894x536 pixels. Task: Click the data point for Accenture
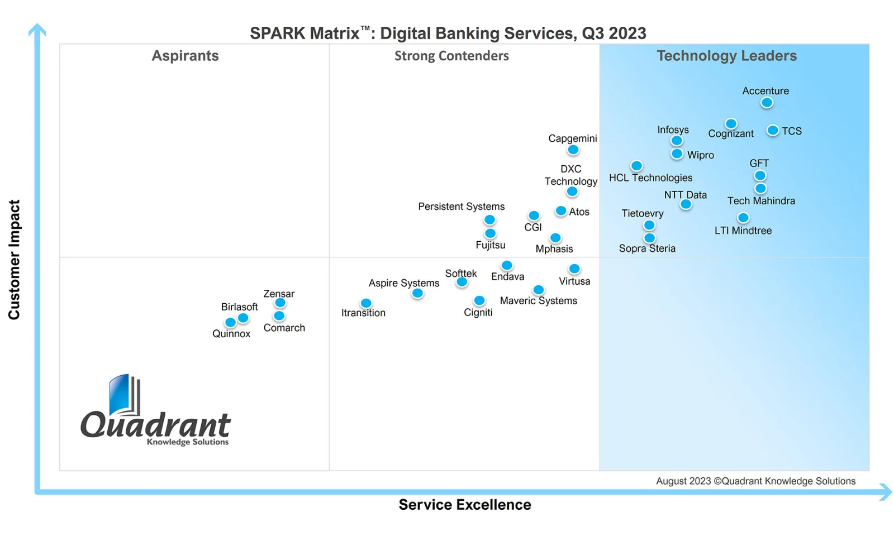(x=767, y=103)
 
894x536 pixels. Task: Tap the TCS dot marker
(x=773, y=130)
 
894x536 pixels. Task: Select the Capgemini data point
(x=573, y=150)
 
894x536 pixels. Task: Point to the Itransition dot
(x=366, y=303)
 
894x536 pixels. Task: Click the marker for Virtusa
(x=574, y=269)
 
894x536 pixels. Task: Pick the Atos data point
(x=561, y=211)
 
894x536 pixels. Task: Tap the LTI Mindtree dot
(x=743, y=218)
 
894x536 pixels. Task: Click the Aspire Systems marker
(x=417, y=293)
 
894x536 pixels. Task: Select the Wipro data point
(x=677, y=154)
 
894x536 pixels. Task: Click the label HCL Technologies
(x=650, y=178)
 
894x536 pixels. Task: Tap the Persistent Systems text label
(x=461, y=207)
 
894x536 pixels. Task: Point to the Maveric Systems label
(x=538, y=300)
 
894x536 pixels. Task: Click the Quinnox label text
(x=231, y=333)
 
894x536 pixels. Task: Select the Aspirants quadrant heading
(x=185, y=56)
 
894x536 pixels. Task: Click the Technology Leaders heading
(x=726, y=56)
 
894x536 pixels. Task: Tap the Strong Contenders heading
(x=451, y=56)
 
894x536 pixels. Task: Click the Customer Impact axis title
(x=14, y=260)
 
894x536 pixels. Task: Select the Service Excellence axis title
(x=464, y=505)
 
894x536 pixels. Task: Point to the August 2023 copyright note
(x=755, y=481)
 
